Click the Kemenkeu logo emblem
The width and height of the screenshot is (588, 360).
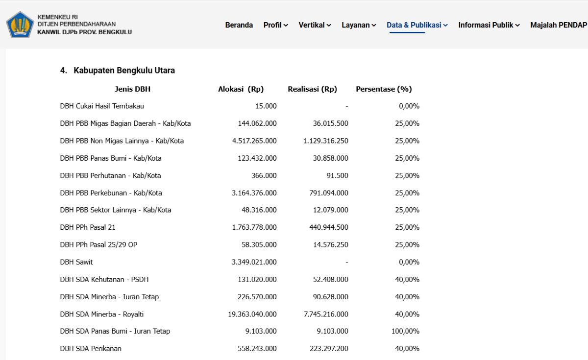click(x=20, y=24)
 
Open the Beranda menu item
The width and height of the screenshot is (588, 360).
click(x=239, y=25)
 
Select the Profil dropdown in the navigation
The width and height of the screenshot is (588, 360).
click(x=275, y=25)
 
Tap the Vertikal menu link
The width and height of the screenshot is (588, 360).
click(x=315, y=25)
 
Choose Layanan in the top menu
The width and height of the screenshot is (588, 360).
click(x=359, y=25)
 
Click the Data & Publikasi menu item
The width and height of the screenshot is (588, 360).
click(x=417, y=25)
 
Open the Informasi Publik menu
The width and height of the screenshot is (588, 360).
click(x=489, y=25)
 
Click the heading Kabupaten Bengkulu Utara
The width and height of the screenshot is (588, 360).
click(x=124, y=71)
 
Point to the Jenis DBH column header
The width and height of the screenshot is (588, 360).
click(x=133, y=89)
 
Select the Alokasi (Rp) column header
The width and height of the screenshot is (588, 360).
click(x=241, y=89)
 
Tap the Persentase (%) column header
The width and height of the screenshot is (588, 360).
click(x=384, y=89)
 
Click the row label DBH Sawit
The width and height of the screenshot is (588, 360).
click(x=76, y=262)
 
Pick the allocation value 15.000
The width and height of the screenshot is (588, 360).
click(x=266, y=106)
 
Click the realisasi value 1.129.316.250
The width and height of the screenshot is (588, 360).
click(x=326, y=141)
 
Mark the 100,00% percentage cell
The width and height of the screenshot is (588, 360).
click(x=405, y=331)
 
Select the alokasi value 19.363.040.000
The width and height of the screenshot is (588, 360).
click(x=252, y=314)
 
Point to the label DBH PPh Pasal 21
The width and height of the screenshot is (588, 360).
click(x=88, y=227)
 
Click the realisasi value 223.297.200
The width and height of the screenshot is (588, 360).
click(x=329, y=348)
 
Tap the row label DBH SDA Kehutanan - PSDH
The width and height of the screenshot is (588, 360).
click(x=104, y=280)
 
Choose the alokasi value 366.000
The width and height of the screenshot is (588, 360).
click(x=264, y=175)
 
